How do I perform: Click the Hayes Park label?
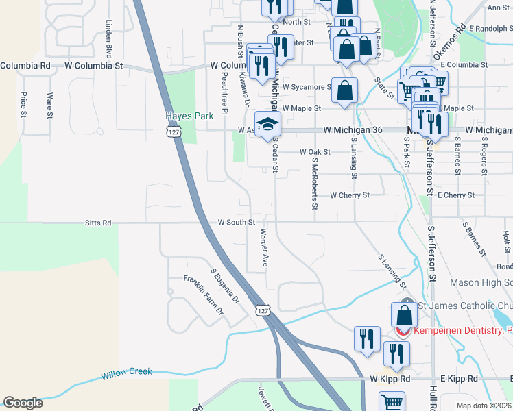[x=181, y=116]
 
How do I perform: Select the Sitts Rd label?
[x=97, y=223]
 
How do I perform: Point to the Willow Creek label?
[x=128, y=375]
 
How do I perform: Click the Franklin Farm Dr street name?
[x=203, y=295]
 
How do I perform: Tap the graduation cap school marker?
[x=268, y=124]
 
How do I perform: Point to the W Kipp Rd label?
[x=390, y=378]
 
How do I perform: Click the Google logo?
[x=23, y=403]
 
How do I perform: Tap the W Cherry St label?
[x=350, y=195]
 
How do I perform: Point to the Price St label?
[x=23, y=104]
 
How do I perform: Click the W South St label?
[x=237, y=223]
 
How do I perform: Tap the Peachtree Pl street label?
[x=224, y=95]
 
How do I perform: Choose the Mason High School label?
[x=481, y=282]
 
